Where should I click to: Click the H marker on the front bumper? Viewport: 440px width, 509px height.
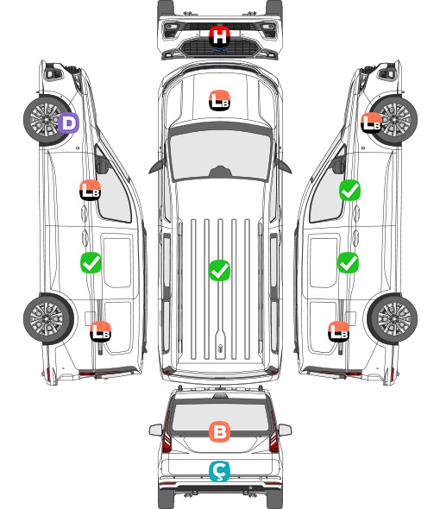pos(219,36)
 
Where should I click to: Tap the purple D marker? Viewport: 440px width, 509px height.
pos(68,123)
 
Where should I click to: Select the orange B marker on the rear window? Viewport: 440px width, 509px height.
pos(219,431)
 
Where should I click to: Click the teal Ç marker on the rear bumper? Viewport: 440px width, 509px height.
pos(219,471)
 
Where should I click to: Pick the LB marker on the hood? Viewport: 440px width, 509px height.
pos(219,100)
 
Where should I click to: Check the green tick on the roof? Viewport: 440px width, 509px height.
pos(219,270)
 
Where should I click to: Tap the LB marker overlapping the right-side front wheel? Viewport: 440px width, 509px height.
pos(371,123)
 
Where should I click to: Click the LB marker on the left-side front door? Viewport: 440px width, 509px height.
pos(91,190)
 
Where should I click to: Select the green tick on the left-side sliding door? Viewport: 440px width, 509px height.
pos(91,262)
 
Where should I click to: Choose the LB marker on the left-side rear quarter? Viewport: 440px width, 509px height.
pos(101,331)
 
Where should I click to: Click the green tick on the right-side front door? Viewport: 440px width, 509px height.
pos(349,190)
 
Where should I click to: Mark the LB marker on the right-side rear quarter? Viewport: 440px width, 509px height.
pos(339,331)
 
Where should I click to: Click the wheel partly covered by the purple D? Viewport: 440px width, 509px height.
pos(46,120)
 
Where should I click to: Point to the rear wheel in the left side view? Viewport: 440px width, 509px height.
pos(47,319)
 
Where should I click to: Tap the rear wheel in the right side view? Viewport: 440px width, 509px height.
pos(393,319)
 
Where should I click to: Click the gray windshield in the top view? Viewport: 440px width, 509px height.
pos(220,155)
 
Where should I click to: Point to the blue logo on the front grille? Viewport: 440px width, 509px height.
pos(219,50)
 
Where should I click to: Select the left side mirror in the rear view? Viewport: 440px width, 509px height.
pos(155,430)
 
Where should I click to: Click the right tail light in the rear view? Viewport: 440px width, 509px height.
pos(273,433)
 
